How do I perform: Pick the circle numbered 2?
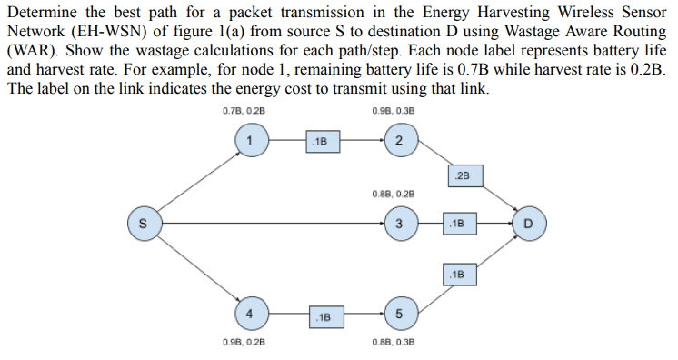[x=399, y=140]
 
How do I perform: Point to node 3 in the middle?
[x=399, y=223]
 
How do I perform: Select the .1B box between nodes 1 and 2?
[x=323, y=141]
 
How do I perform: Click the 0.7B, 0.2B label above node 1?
[x=243, y=112]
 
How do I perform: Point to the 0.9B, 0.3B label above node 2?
[x=394, y=112]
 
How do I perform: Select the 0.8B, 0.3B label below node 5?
[x=394, y=343]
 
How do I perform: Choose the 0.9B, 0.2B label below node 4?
[x=243, y=343]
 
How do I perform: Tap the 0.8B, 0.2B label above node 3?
[x=394, y=194]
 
